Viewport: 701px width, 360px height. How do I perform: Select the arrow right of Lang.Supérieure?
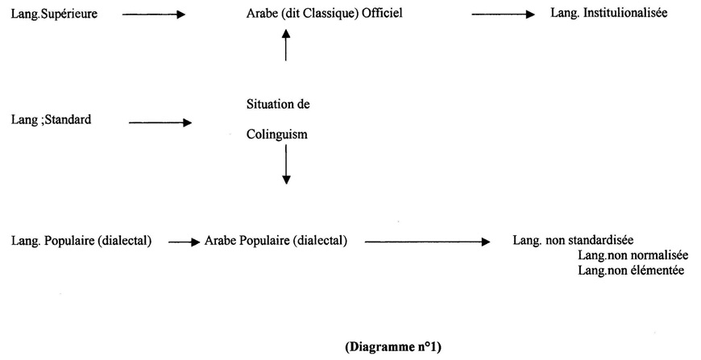pyautogui.click(x=154, y=14)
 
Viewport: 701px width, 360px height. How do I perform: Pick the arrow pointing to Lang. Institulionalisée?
pyautogui.click(x=503, y=14)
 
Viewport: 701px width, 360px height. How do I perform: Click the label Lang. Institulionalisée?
pyautogui.click(x=609, y=14)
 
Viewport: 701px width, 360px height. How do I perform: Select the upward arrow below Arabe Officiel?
pyautogui.click(x=285, y=46)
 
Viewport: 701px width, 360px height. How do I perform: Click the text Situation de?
pyautogui.click(x=278, y=105)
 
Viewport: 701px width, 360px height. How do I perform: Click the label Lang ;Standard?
pyautogui.click(x=51, y=120)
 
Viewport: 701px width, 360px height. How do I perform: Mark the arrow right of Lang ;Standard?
pyautogui.click(x=160, y=123)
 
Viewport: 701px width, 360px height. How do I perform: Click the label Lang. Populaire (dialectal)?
pyautogui.click(x=82, y=240)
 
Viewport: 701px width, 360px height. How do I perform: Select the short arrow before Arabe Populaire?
pyautogui.click(x=184, y=241)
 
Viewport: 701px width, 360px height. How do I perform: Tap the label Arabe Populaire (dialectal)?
pyautogui.click(x=276, y=240)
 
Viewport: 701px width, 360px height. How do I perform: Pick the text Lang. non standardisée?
pyautogui.click(x=573, y=240)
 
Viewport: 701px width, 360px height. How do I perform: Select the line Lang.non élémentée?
pyautogui.click(x=631, y=271)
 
